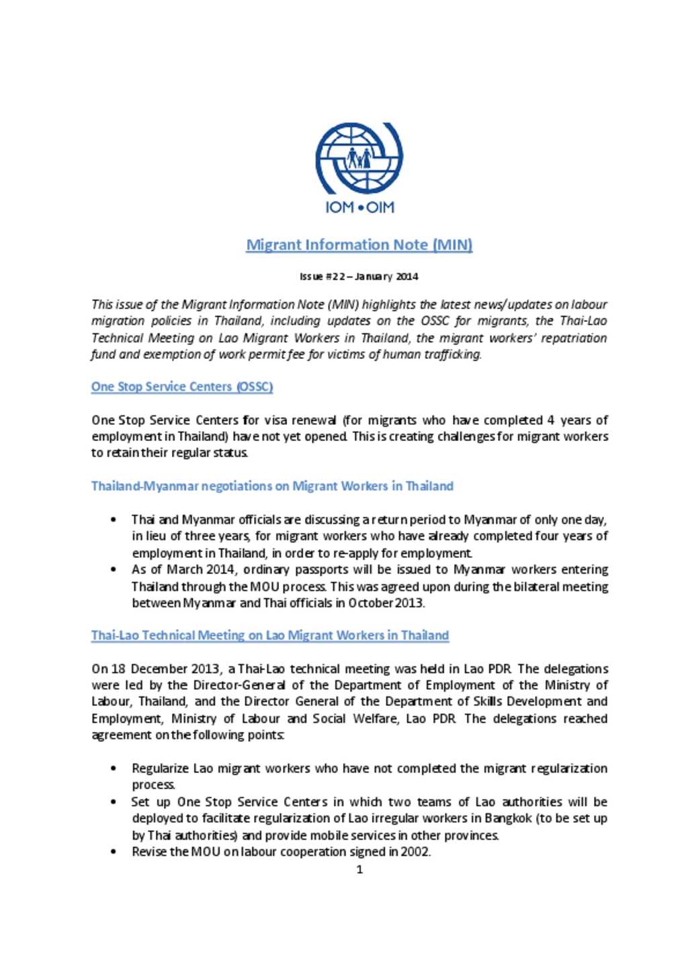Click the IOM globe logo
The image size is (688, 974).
pos(359,159)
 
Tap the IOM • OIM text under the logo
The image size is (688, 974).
pos(359,208)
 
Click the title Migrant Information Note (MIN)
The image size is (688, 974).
pos(359,245)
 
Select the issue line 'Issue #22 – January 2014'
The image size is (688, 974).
pos(359,276)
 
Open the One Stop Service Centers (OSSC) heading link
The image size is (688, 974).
pos(182,387)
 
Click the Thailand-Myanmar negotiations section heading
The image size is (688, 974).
pos(272,486)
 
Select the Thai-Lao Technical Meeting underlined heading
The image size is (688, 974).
pos(270,635)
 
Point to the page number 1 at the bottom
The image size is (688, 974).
pos(359,870)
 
